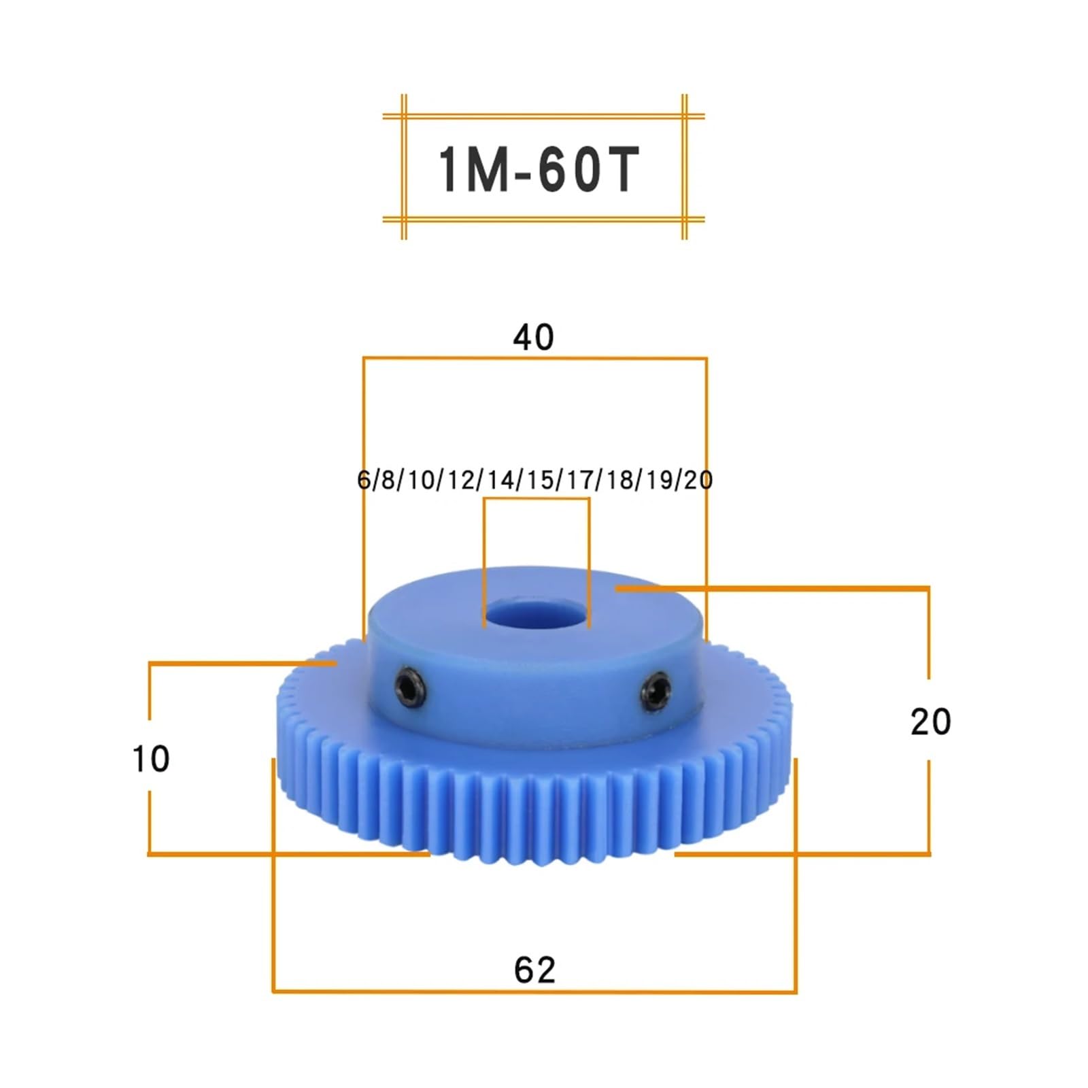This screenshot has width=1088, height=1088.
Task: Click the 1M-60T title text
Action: pyautogui.click(x=537, y=170)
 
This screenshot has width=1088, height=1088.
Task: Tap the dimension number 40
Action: pyautogui.click(x=534, y=337)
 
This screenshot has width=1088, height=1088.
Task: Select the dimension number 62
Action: pyautogui.click(x=534, y=970)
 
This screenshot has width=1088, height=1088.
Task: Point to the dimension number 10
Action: pyautogui.click(x=150, y=759)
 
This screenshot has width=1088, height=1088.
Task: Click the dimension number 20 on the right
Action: pyautogui.click(x=930, y=721)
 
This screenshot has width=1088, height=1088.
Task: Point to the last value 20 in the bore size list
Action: pyautogui.click(x=698, y=480)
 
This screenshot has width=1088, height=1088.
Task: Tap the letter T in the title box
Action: pyautogui.click(x=619, y=170)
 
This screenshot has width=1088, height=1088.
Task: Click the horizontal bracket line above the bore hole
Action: pyautogui.click(x=536, y=499)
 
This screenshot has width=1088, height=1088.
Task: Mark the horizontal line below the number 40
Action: pyautogui.click(x=534, y=358)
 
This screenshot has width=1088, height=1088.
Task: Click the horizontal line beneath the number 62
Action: pyautogui.click(x=534, y=991)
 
